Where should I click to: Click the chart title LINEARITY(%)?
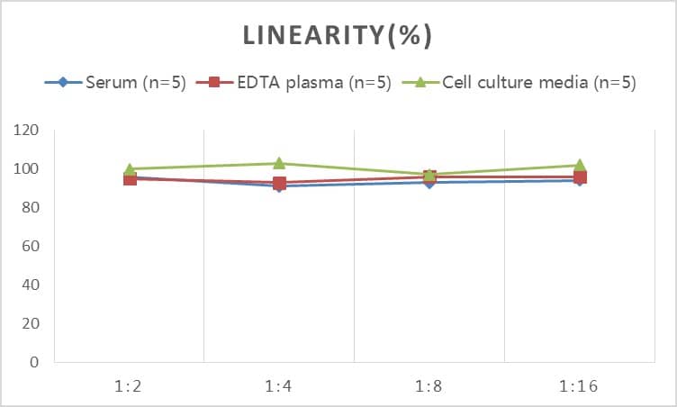tap(338, 35)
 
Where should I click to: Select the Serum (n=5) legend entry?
tap(135, 83)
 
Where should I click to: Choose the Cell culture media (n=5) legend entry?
tap(538, 83)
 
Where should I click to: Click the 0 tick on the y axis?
tap(34, 363)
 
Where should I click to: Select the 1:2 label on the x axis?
tap(130, 386)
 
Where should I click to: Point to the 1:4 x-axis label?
tap(279, 386)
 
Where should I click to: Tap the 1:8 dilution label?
tap(429, 386)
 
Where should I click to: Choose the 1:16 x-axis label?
tap(579, 386)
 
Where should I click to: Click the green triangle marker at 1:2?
tap(130, 168)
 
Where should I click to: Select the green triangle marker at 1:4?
tap(279, 163)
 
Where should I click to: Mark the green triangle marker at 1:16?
tap(579, 165)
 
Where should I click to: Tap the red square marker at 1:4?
tap(279, 183)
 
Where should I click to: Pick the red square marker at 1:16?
tap(579, 176)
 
